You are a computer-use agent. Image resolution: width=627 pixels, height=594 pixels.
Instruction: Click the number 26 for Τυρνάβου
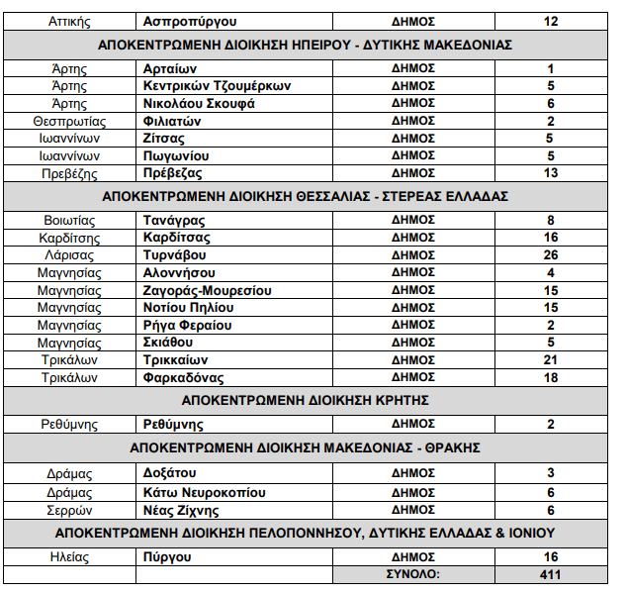tap(551, 255)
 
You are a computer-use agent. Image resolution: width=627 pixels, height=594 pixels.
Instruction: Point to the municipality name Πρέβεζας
tap(175, 173)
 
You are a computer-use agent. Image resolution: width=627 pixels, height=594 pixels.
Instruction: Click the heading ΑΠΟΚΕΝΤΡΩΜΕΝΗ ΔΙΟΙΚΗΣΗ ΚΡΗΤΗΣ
tap(313, 401)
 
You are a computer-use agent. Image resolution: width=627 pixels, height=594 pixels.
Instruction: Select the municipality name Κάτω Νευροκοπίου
tap(205, 493)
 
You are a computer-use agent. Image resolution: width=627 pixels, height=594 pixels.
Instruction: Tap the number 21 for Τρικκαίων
tap(551, 360)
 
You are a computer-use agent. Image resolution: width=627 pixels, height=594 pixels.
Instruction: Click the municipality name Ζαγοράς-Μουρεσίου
tap(208, 291)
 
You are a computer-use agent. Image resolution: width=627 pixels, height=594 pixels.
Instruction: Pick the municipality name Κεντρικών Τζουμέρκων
tap(217, 85)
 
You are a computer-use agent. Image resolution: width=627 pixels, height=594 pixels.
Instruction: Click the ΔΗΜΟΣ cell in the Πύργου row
tap(413, 557)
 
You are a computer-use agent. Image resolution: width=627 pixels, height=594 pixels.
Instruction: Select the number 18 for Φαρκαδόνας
tap(551, 378)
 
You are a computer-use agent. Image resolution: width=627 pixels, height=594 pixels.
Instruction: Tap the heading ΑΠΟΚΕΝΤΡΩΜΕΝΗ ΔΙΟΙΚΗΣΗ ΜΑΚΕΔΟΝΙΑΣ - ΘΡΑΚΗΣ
tap(313, 447)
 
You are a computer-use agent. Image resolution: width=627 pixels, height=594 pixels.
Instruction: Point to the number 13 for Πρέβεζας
tap(551, 173)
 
